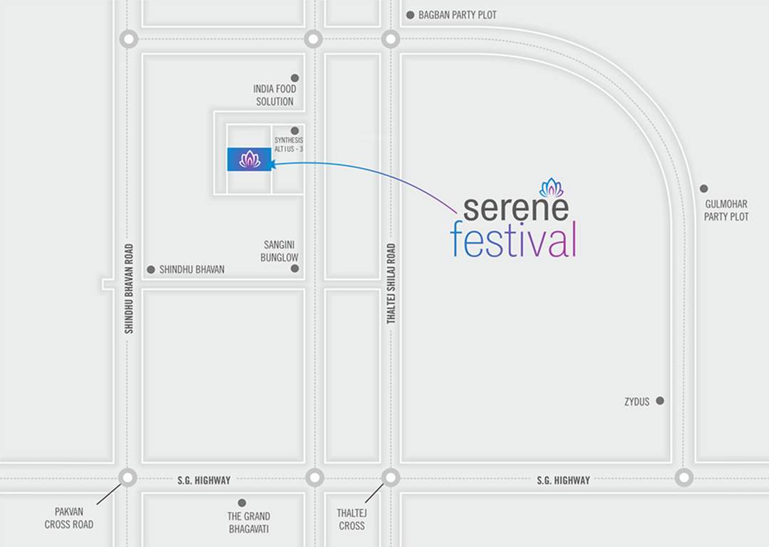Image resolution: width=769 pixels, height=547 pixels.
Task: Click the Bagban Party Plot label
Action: [458, 15]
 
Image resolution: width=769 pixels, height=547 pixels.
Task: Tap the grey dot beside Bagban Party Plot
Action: [410, 15]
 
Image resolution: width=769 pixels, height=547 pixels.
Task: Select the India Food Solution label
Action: [274, 95]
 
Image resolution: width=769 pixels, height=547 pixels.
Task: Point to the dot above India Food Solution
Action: [294, 78]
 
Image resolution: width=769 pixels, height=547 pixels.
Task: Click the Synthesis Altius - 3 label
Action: [289, 145]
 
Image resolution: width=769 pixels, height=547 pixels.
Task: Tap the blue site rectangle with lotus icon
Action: [249, 160]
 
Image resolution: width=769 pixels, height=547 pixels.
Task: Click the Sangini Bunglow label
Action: [279, 251]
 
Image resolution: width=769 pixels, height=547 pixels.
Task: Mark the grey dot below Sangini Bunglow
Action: [294, 269]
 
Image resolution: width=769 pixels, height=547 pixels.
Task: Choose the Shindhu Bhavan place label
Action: [192, 270]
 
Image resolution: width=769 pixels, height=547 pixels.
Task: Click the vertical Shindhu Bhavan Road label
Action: [129, 288]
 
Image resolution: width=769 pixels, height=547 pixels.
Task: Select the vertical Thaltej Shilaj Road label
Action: [391, 283]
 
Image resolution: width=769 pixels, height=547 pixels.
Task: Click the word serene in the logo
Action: [515, 208]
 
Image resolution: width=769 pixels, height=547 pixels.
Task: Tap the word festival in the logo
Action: [512, 241]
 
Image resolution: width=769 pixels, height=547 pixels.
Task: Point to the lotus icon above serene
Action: [552, 187]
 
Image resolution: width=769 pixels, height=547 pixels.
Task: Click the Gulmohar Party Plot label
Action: [726, 211]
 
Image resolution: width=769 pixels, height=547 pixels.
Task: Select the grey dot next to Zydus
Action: [660, 401]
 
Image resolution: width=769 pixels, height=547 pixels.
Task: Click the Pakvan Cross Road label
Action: [69, 519]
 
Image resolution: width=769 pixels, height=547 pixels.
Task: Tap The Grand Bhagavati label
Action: [249, 522]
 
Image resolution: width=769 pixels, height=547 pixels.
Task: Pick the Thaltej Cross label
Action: [351, 519]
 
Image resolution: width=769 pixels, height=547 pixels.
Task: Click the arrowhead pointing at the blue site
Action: [274, 164]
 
